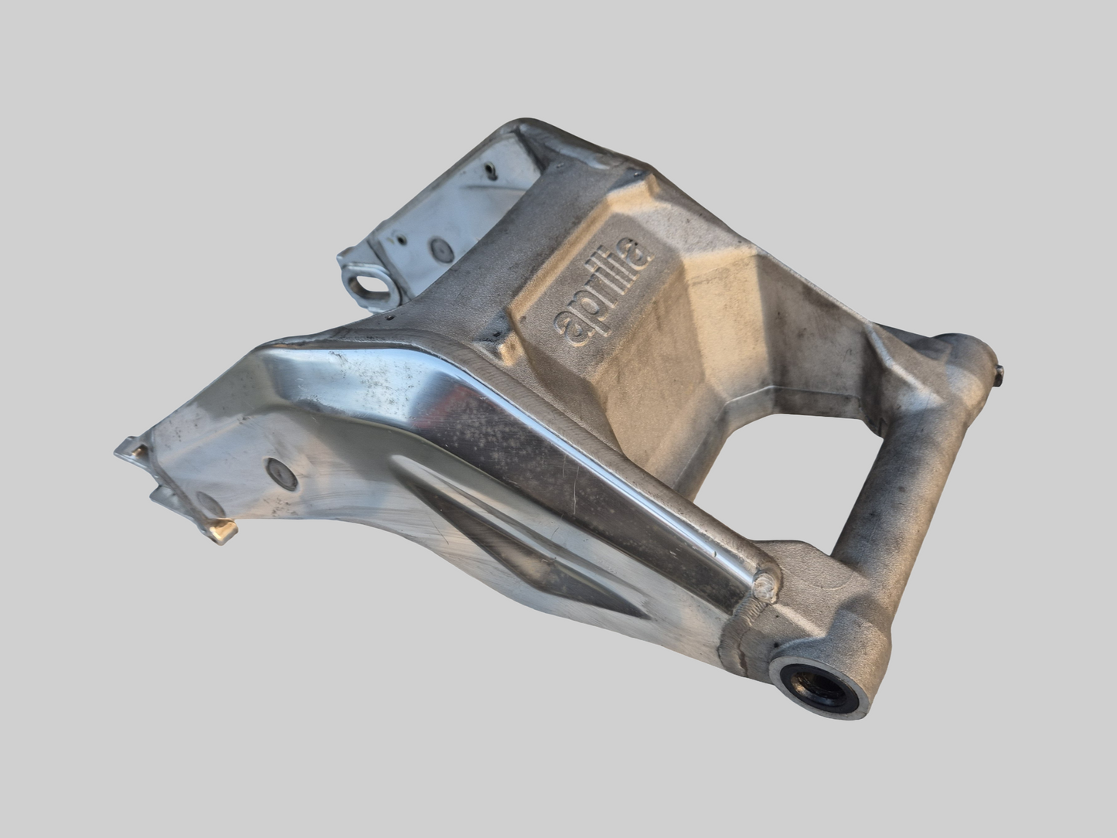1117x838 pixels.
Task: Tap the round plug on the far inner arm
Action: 441,249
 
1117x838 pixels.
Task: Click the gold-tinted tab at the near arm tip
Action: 223,530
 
